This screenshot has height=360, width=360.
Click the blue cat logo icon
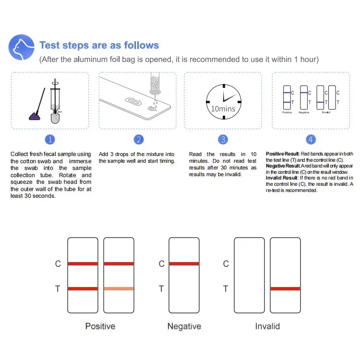tap(21, 48)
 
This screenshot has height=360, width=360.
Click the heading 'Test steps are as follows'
tap(99, 46)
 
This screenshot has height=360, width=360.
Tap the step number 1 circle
tap(50, 140)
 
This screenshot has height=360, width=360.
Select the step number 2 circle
tap(138, 140)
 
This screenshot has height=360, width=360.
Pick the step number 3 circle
tap(223, 140)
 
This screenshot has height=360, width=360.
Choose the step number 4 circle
tap(311, 140)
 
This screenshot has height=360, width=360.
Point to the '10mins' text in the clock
tap(223, 108)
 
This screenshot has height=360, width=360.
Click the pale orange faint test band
tap(119, 288)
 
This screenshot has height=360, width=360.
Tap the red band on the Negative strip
tap(184, 264)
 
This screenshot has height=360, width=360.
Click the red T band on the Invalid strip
tap(285, 288)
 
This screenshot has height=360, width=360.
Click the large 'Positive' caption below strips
tap(100, 326)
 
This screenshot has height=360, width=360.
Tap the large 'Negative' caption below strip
tap(184, 326)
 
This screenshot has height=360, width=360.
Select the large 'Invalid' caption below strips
tap(267, 326)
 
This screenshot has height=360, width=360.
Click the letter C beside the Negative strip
tap(161, 264)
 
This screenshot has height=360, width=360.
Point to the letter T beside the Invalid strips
tap(226, 289)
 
